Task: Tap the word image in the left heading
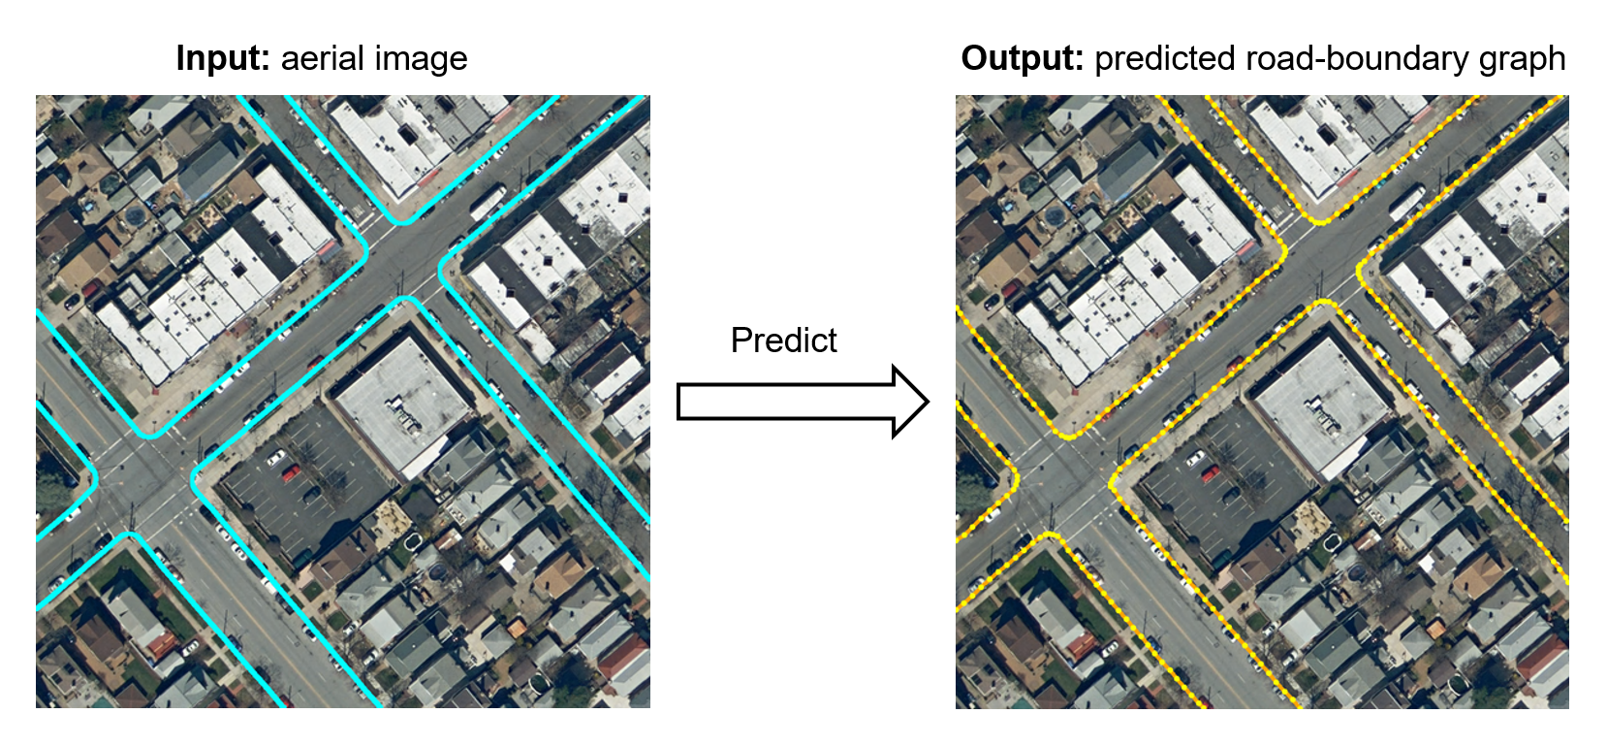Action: (422, 59)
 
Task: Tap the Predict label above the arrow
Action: (783, 341)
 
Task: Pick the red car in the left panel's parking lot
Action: (291, 473)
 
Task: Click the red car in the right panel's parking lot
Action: (1210, 473)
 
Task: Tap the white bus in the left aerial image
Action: (488, 202)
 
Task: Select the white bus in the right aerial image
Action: (1406, 202)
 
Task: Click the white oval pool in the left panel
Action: (415, 539)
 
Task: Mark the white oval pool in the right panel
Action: (1334, 539)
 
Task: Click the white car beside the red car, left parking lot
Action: (276, 457)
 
